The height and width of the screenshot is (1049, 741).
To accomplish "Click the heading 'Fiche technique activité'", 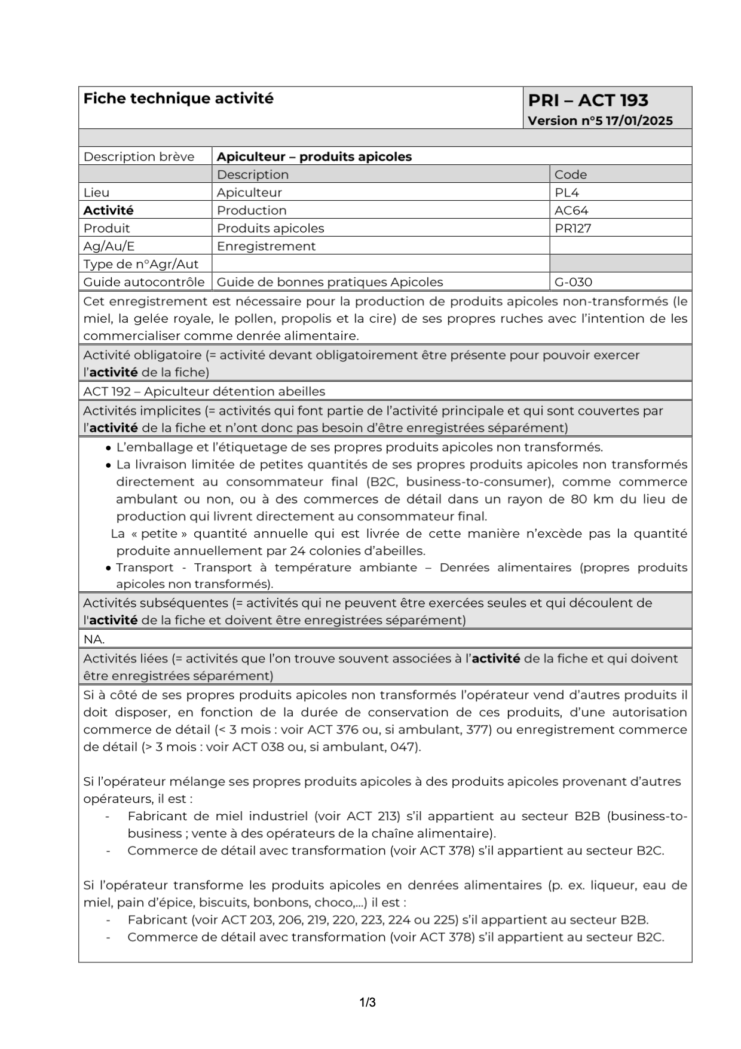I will click(x=178, y=99).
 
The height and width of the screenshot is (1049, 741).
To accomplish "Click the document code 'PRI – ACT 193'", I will click(x=587, y=100).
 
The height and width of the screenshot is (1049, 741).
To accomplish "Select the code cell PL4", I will click(x=567, y=192).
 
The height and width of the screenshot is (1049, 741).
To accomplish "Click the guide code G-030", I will click(x=573, y=282).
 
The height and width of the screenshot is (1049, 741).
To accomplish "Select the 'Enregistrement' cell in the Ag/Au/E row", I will click(x=266, y=246).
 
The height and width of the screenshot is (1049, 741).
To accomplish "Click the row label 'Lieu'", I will click(x=96, y=192).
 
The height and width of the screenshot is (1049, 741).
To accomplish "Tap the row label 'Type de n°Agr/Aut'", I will click(x=141, y=264).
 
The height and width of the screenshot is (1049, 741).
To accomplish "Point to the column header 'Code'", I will click(x=571, y=174).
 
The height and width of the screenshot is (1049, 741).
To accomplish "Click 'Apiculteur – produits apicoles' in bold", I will click(x=314, y=157).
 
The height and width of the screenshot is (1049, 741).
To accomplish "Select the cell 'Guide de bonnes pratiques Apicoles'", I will click(x=330, y=282).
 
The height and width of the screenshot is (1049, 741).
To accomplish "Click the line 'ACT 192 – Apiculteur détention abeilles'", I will click(x=204, y=391).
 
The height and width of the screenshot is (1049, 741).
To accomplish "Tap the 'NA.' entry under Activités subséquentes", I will click(x=94, y=639).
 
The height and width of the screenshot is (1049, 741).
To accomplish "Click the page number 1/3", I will click(x=368, y=1002).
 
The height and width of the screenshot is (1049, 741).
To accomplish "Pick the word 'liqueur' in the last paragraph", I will click(x=611, y=885).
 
